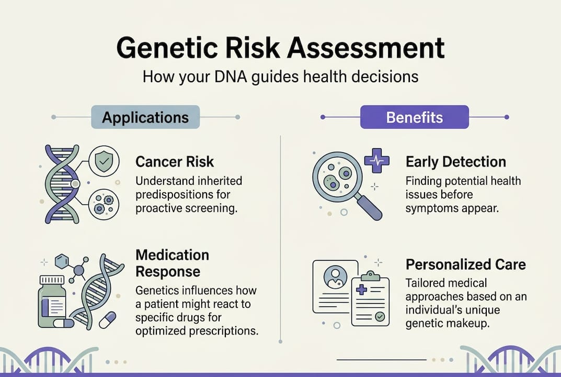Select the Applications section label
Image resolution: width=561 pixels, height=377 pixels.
point(145,117)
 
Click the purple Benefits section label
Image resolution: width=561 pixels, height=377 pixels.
point(414,117)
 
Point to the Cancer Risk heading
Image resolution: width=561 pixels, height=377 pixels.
point(175,162)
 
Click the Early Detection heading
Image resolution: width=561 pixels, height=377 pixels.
point(455,162)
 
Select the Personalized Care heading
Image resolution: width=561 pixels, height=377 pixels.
point(465,264)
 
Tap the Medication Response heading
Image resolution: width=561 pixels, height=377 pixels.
point(172,263)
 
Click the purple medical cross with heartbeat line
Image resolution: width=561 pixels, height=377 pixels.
point(376,160)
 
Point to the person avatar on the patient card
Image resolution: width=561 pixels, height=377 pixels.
point(333,276)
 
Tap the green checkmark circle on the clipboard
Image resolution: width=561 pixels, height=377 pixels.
point(380,316)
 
